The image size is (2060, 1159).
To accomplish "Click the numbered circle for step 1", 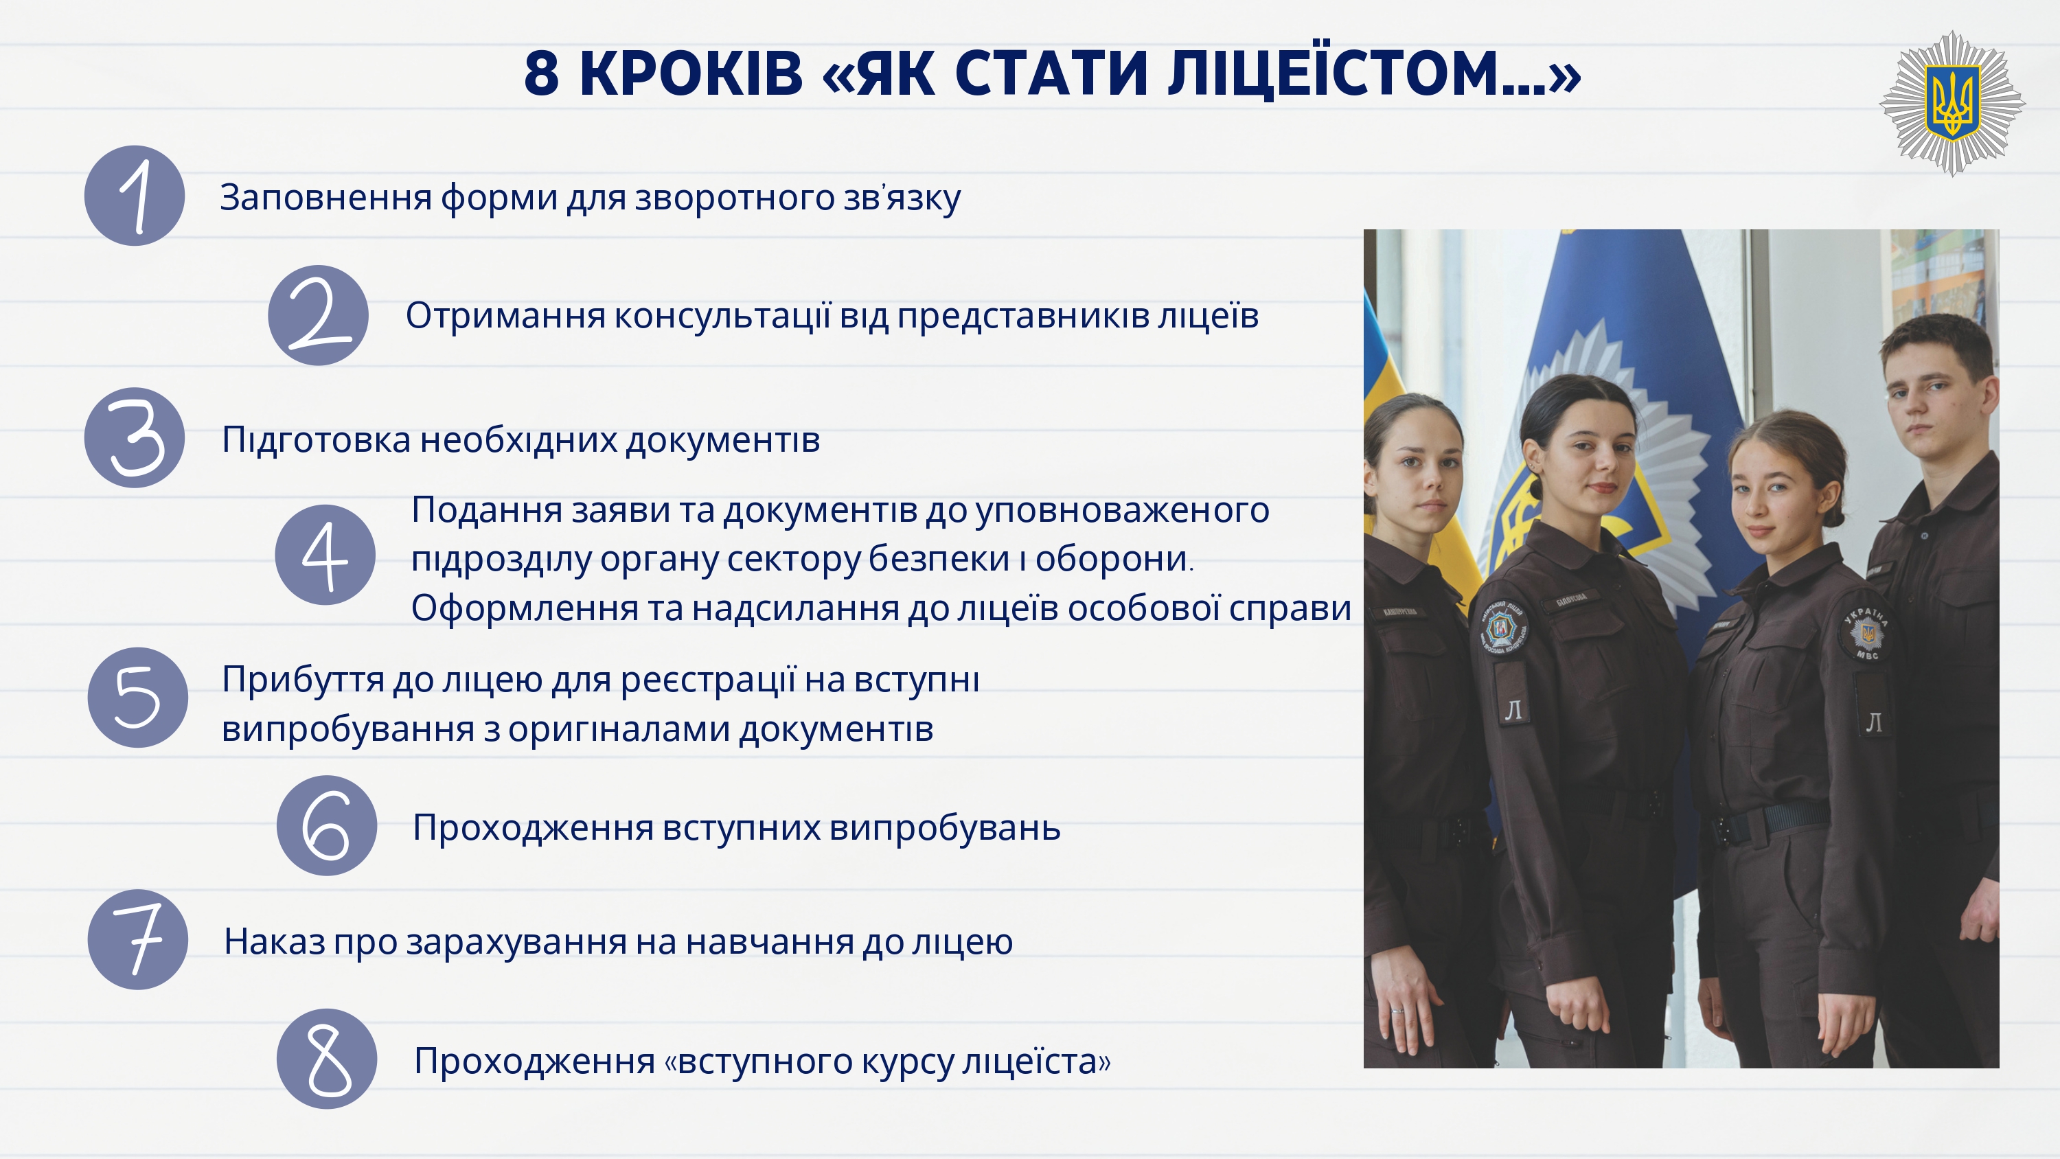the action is click(x=135, y=196).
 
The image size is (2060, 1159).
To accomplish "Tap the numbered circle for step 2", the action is click(x=319, y=316).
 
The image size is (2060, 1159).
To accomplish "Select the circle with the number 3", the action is click(x=135, y=438).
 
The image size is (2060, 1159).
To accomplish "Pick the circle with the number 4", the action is click(x=325, y=555).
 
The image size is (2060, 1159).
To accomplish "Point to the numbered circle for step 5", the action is click(x=137, y=698).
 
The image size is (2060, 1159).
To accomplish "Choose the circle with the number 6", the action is click(x=327, y=825).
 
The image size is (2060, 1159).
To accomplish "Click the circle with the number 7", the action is click(x=137, y=940).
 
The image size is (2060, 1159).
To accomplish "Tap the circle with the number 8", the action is click(x=327, y=1059).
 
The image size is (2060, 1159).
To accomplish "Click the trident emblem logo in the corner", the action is click(x=1952, y=103).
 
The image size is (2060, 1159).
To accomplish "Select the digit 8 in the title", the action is click(x=541, y=73).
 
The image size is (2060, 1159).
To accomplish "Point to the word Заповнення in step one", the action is click(x=325, y=198).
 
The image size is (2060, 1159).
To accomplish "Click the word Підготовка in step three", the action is click(x=317, y=441).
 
